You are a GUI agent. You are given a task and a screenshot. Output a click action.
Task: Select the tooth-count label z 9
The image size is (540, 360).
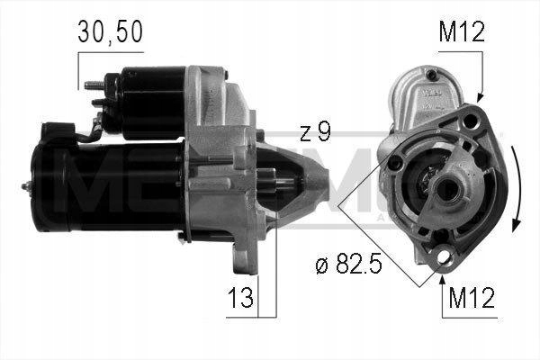coord(314,132)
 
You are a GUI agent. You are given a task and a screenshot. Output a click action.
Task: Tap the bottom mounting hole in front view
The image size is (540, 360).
coord(442,260)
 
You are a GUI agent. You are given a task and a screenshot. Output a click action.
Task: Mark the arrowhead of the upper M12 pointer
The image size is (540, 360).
coord(481,95)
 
